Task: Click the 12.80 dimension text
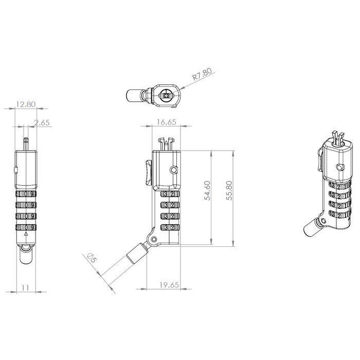(x=25, y=104)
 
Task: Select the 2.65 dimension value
(x=42, y=122)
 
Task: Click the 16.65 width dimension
(x=165, y=122)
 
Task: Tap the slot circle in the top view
(x=165, y=95)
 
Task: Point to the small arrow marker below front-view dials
(x=26, y=234)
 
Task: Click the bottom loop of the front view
(x=26, y=253)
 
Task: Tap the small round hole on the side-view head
(x=174, y=170)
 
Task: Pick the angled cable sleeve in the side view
(x=136, y=254)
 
